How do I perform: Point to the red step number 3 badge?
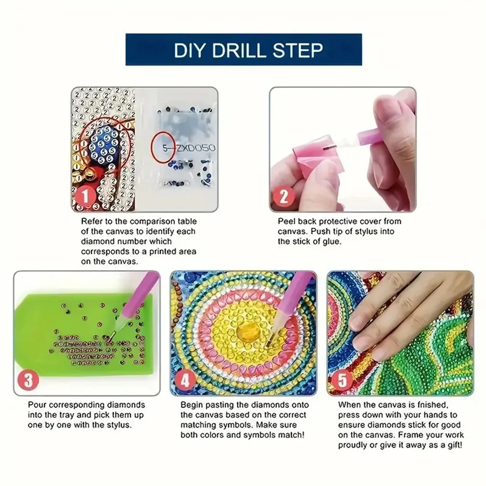(x=28, y=380)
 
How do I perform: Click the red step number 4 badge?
(x=185, y=380)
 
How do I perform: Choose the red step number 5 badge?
(x=343, y=380)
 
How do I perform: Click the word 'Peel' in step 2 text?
(x=286, y=221)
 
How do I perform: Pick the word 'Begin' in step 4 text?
(x=191, y=404)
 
